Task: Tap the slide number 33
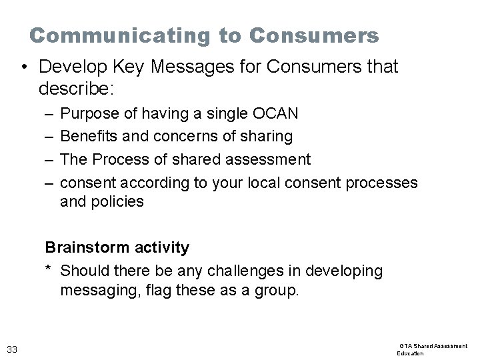[12, 349]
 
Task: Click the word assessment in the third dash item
[274, 159]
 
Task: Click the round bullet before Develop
[23, 67]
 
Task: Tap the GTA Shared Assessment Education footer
[433, 349]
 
